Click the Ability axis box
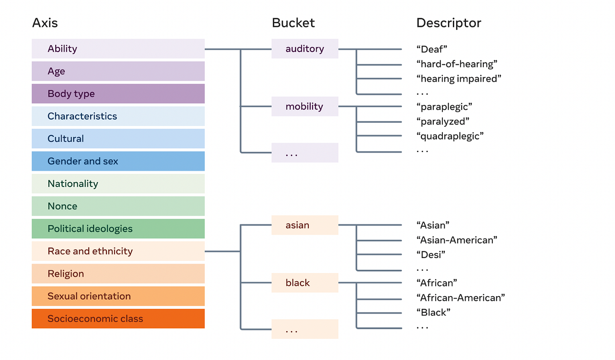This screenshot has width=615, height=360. click(118, 48)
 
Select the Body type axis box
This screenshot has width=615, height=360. click(118, 94)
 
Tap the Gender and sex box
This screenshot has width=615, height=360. click(118, 161)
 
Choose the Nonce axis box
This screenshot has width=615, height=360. click(118, 206)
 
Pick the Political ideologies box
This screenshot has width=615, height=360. click(118, 229)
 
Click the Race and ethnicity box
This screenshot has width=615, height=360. click(118, 251)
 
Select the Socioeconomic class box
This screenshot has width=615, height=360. click(118, 318)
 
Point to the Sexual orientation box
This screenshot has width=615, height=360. click(118, 296)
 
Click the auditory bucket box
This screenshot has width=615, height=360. click(305, 48)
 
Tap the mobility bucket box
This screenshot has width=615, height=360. click(305, 106)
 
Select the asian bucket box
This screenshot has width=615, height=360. click(305, 225)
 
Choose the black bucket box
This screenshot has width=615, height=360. click(305, 283)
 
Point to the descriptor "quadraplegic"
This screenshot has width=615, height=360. click(450, 136)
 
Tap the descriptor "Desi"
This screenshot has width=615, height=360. click(431, 254)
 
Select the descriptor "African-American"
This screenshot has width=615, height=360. click(460, 298)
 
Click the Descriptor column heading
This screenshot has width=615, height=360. click(448, 23)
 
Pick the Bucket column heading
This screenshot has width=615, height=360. click(293, 23)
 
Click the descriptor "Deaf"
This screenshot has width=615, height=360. click(432, 49)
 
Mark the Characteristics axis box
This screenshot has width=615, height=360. click(118, 116)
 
